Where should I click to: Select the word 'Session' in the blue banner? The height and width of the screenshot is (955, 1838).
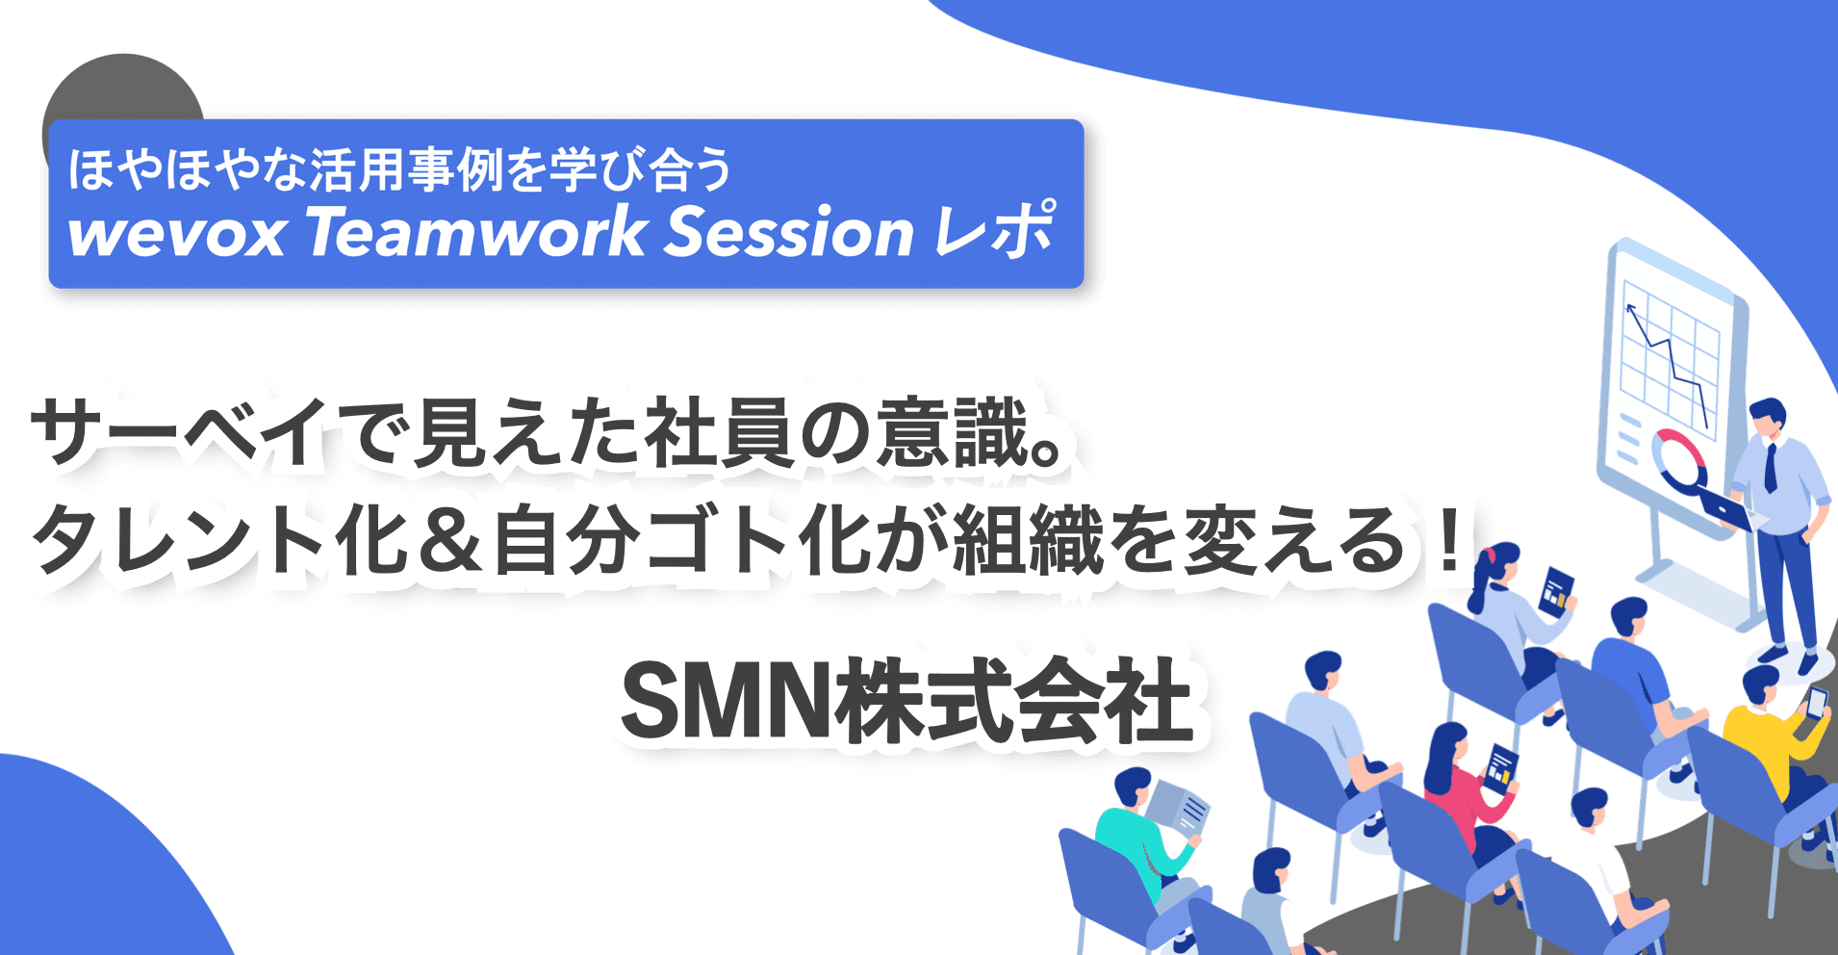coord(789,233)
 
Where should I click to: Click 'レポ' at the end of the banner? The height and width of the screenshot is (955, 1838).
coord(995,231)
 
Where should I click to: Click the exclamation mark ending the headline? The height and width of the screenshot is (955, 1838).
coord(1445,541)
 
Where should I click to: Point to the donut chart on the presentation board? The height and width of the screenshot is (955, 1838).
coord(1678,457)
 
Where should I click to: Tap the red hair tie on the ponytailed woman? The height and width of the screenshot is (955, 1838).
coord(1491,555)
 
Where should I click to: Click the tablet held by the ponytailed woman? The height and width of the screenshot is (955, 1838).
coord(1556,590)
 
